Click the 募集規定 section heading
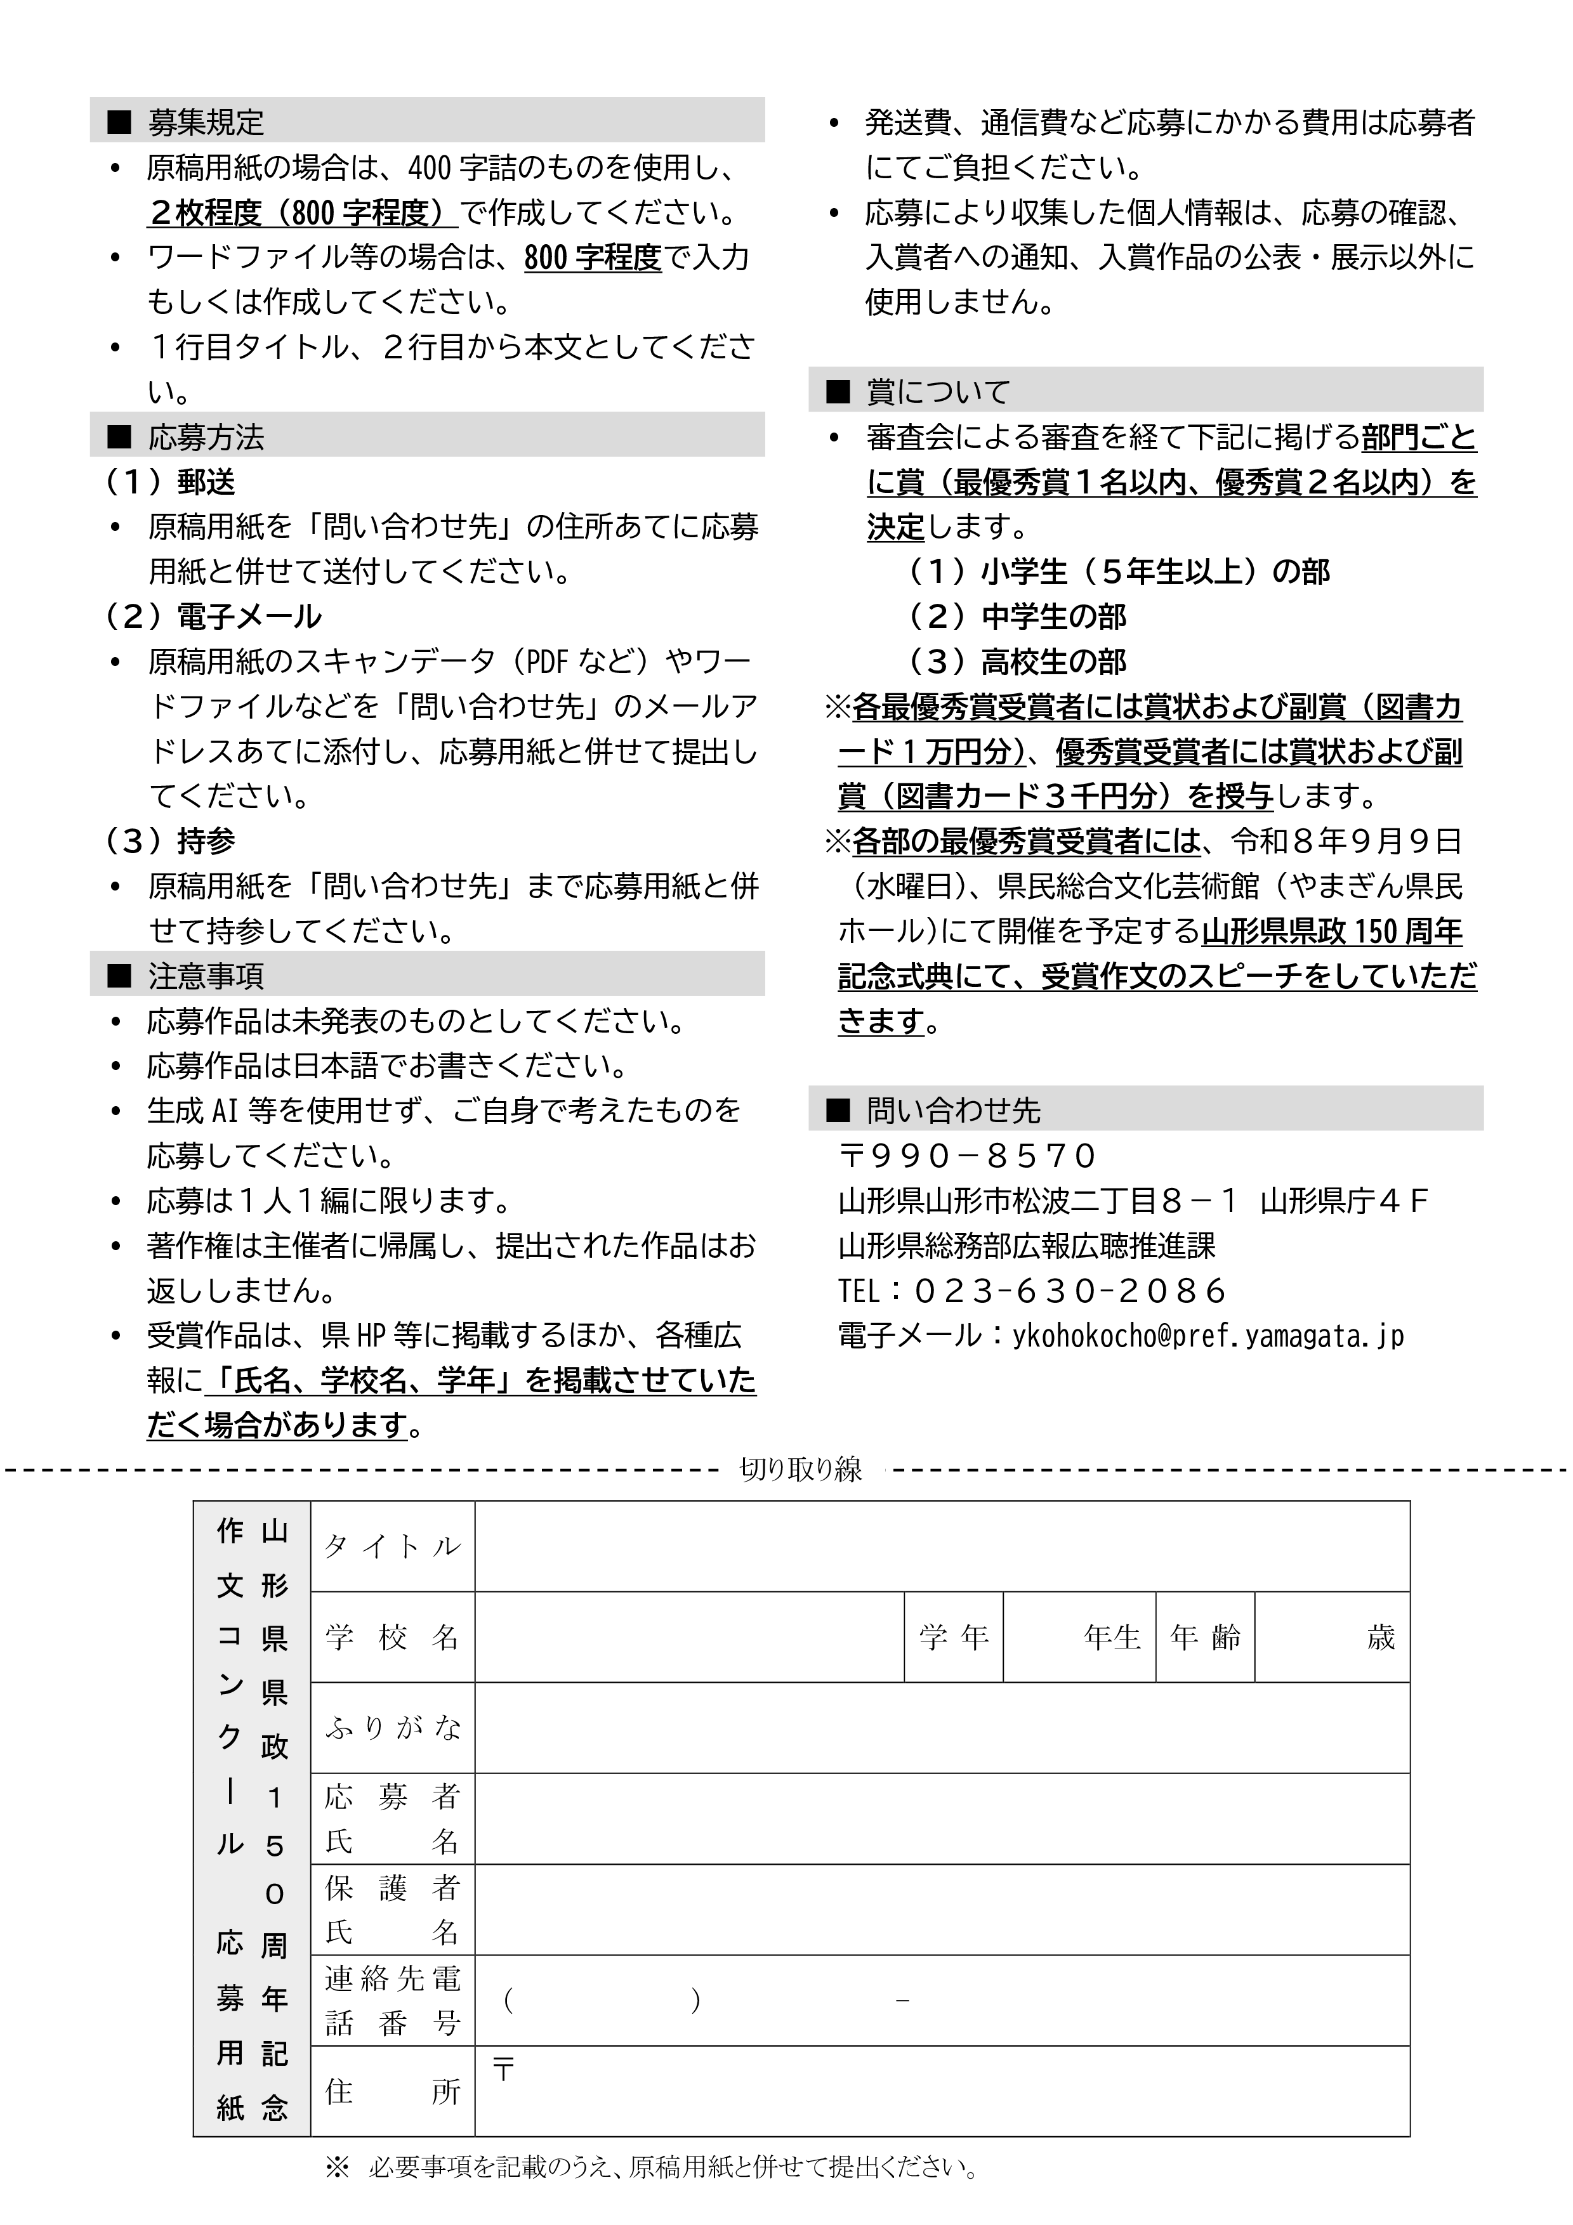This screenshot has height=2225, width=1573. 206,122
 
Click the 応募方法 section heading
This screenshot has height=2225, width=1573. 206,437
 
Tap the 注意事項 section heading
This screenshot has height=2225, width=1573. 206,976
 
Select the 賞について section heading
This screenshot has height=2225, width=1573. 938,391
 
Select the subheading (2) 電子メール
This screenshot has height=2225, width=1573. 213,617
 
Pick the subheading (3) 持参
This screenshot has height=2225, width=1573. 171,841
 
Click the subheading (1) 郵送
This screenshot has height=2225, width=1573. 171,481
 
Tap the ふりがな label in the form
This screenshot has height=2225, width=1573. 393,1728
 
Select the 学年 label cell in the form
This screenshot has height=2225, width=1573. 954,1638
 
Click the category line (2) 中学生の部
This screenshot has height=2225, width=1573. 1018,617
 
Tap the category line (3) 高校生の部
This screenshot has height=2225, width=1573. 1018,662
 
